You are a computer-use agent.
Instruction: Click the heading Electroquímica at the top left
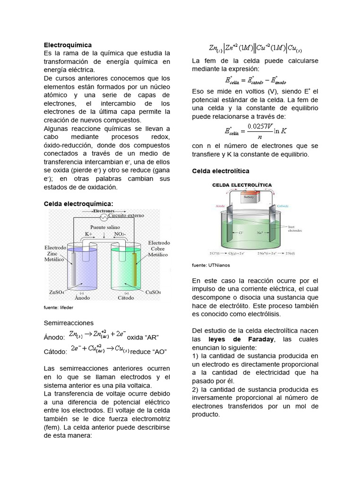(68, 44)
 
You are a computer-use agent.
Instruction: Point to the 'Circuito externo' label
(127, 216)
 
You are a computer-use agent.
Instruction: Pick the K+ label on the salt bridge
(89, 234)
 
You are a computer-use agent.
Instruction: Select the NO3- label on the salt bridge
(120, 234)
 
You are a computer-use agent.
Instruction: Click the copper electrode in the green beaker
(136, 269)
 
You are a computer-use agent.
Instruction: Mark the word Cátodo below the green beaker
(125, 298)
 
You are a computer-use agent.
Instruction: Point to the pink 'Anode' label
(220, 206)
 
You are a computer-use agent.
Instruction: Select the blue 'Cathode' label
(283, 206)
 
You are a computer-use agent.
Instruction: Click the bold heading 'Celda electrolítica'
(221, 170)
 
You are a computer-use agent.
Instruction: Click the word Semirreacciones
(69, 323)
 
